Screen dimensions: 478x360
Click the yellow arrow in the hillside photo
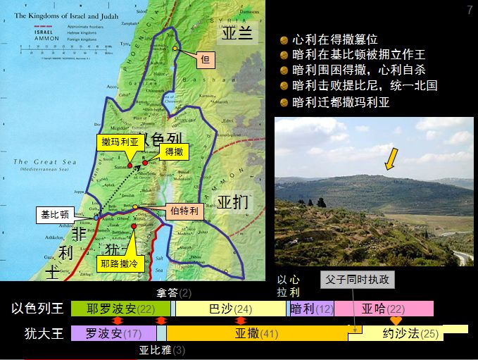coord(390,159)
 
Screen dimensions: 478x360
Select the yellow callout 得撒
coord(173,151)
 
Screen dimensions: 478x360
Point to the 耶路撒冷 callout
coord(119,264)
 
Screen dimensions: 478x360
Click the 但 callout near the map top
coord(206,61)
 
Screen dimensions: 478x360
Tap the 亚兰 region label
coord(237,34)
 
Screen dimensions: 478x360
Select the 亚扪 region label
coord(233,203)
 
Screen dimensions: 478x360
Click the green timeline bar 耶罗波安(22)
coord(120,309)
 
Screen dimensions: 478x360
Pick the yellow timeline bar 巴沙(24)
coord(230,309)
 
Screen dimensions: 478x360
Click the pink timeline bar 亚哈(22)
coord(384,309)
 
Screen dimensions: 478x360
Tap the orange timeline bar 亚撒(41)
coord(257,333)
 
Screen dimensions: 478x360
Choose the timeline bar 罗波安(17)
coord(113,333)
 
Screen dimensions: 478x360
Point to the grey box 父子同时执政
coord(357,279)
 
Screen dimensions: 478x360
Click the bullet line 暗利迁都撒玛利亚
coord(340,101)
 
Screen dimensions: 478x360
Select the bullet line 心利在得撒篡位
coord(336,40)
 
